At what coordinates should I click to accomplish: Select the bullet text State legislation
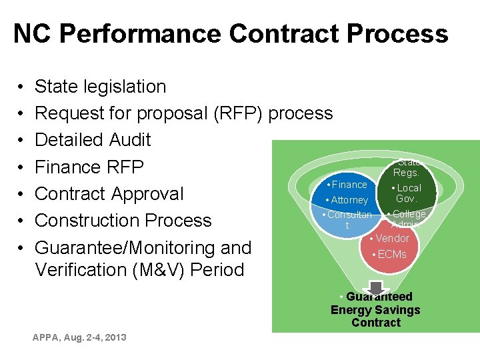coord(100,87)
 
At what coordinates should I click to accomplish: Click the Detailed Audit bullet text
coord(93,140)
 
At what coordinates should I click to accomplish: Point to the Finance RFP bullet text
coord(89,167)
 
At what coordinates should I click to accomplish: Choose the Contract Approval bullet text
coord(109,194)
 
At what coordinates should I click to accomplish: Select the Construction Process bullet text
coord(123,221)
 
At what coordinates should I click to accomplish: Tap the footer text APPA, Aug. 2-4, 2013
coord(79,337)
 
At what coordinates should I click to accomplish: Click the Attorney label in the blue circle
coord(349,200)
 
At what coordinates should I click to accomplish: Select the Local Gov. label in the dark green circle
coord(406,193)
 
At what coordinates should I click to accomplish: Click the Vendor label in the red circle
coord(393,238)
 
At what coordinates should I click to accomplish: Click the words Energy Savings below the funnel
coord(375,310)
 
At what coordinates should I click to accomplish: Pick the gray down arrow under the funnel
coord(376,287)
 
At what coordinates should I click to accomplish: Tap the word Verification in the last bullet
coord(78,270)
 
